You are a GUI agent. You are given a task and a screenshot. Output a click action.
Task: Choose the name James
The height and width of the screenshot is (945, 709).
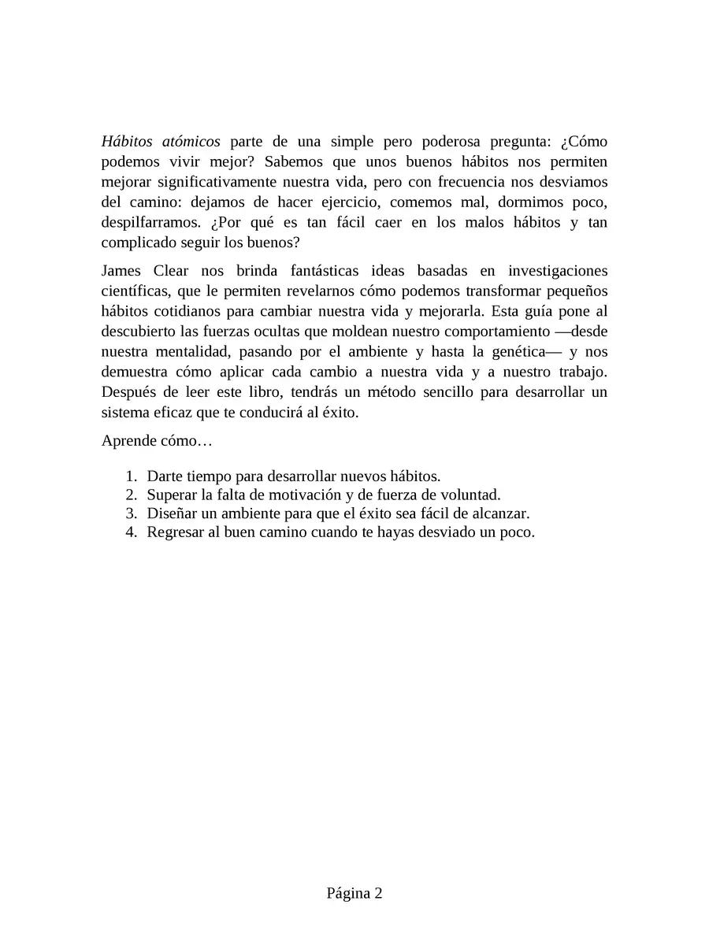(121, 272)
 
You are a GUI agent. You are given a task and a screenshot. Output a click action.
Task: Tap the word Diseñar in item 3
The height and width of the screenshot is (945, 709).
(170, 513)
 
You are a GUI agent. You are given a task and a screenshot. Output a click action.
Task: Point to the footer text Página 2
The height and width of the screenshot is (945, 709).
(354, 893)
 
